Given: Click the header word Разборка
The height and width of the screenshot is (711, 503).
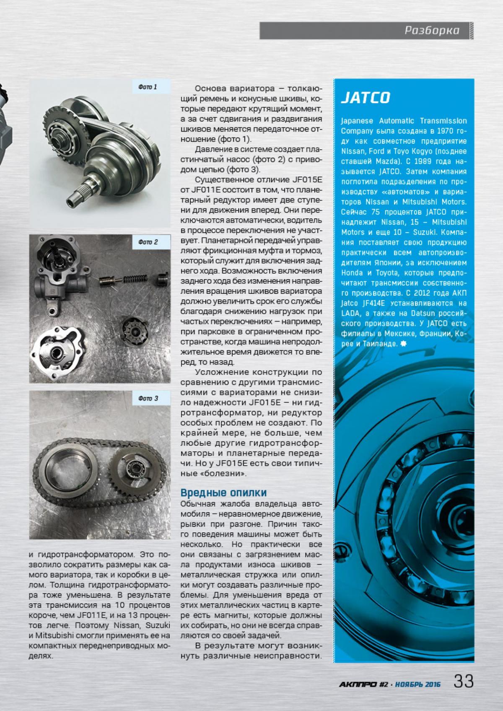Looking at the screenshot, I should pyautogui.click(x=432, y=31).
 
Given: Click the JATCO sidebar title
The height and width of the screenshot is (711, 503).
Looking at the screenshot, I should pyautogui.click(x=365, y=98).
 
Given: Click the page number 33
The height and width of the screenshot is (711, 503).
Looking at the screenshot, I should pyautogui.click(x=464, y=681).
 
